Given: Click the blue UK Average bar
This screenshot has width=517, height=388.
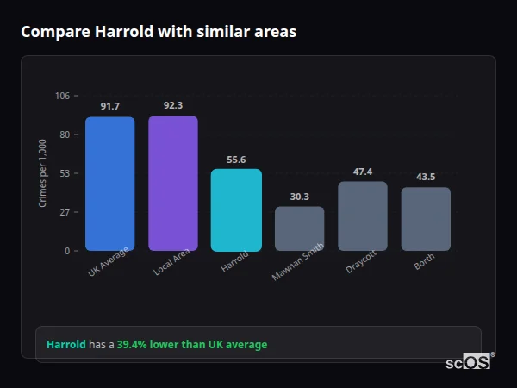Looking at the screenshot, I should (x=109, y=184).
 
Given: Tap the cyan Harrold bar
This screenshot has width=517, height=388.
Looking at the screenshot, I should (x=236, y=210).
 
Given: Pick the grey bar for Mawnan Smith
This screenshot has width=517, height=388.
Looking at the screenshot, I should (x=299, y=228).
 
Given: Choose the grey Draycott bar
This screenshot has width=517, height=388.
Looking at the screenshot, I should (x=363, y=216).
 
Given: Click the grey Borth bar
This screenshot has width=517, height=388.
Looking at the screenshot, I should (x=426, y=219).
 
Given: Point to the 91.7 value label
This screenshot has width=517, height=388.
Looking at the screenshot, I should (x=109, y=106).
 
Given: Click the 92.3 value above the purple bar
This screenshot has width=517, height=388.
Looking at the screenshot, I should (x=173, y=105).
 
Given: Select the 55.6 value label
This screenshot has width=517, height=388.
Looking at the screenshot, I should (x=236, y=160).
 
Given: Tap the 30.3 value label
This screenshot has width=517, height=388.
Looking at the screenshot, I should (x=299, y=197).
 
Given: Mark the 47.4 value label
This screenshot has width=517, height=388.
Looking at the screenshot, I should (x=363, y=172).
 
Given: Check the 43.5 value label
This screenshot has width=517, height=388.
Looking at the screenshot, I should (x=426, y=177).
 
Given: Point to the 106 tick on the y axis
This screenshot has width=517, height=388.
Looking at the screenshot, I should (x=62, y=96).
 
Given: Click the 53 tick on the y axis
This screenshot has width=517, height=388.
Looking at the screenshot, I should (x=65, y=173).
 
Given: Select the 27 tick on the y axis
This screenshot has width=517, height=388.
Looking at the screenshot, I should (x=65, y=212).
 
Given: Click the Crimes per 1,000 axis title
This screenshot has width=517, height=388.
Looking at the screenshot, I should (x=42, y=173).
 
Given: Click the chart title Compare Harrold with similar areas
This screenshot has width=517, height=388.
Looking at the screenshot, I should (x=159, y=32).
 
